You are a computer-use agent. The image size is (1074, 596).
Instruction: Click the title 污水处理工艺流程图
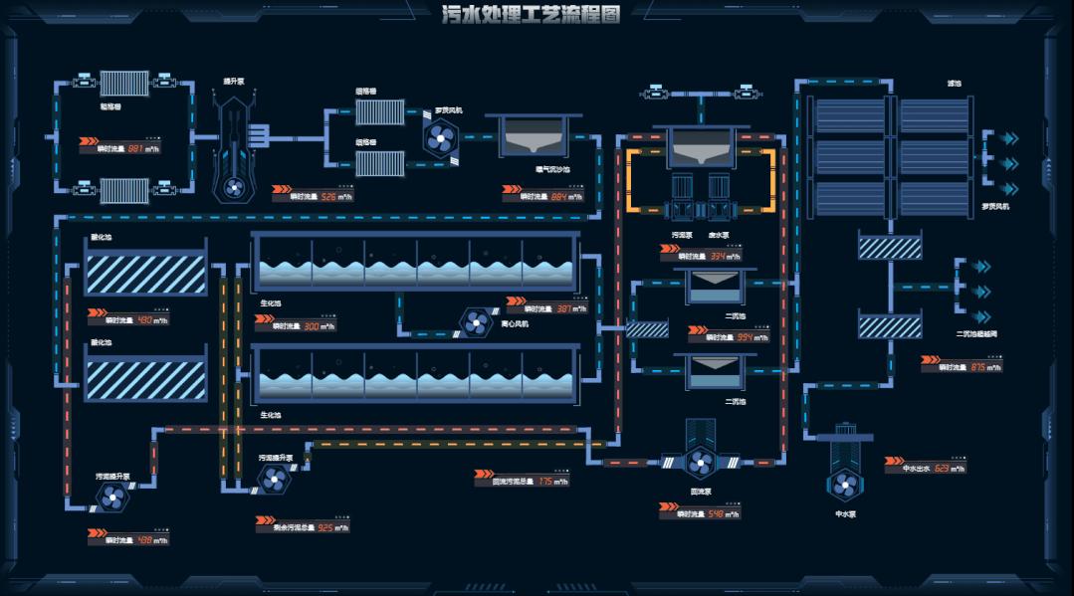[531, 14]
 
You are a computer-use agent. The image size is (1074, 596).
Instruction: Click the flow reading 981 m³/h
[137, 148]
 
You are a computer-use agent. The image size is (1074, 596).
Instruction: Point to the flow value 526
[329, 196]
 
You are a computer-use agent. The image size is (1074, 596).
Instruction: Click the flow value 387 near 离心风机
[564, 308]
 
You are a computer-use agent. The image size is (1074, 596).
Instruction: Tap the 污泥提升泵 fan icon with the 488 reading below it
[110, 495]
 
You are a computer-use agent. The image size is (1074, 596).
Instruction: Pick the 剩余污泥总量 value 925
[325, 527]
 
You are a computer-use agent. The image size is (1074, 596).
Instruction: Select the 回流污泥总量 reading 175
[546, 481]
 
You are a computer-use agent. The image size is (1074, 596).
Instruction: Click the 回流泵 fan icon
[701, 461]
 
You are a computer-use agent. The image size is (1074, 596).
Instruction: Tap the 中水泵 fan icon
[845, 485]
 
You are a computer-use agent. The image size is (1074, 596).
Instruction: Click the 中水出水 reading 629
[942, 468]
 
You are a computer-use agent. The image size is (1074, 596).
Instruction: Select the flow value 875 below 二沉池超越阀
[978, 367]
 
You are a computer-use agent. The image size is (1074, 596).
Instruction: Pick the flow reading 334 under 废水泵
[718, 256]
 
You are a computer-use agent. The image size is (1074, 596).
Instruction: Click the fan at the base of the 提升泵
[232, 186]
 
